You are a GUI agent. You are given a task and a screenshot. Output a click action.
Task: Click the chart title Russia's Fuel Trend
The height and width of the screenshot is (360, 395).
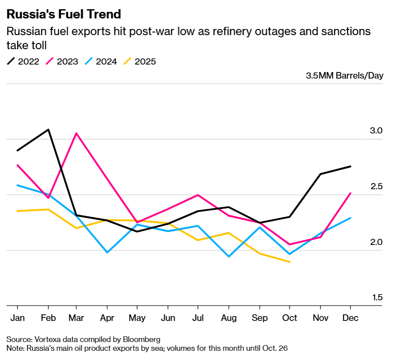click(63, 14)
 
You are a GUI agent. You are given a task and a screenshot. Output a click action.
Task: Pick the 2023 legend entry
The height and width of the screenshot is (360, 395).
click(62, 61)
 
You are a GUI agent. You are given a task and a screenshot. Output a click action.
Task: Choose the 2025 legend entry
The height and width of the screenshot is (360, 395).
click(140, 61)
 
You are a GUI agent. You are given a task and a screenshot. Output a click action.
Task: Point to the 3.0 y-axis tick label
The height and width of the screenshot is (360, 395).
click(377, 131)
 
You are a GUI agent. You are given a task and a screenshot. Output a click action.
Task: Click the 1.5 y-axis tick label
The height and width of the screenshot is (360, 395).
click(377, 298)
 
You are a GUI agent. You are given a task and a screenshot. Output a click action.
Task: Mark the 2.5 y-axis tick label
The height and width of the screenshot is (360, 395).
click(377, 187)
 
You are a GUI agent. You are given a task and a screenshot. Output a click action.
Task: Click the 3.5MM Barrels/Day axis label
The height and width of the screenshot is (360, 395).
click(345, 76)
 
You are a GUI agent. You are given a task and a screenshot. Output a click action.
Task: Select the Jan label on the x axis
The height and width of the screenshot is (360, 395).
click(17, 318)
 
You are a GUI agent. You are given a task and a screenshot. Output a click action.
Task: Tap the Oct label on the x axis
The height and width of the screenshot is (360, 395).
click(289, 318)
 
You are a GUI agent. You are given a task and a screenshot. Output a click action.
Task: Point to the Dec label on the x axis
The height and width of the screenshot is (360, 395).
click(350, 318)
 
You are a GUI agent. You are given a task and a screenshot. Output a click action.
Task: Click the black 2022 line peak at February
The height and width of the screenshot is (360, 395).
click(48, 130)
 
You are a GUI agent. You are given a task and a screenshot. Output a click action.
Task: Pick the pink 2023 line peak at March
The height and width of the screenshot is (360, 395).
click(77, 133)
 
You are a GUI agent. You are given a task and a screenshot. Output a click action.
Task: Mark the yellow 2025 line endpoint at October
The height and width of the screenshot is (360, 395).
click(289, 262)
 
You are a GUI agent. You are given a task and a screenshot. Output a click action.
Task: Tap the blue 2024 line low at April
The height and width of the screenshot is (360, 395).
click(108, 252)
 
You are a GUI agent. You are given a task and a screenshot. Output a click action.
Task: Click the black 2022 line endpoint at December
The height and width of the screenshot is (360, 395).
click(350, 166)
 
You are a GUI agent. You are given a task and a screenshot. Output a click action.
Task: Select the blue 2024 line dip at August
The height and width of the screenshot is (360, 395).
click(229, 256)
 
